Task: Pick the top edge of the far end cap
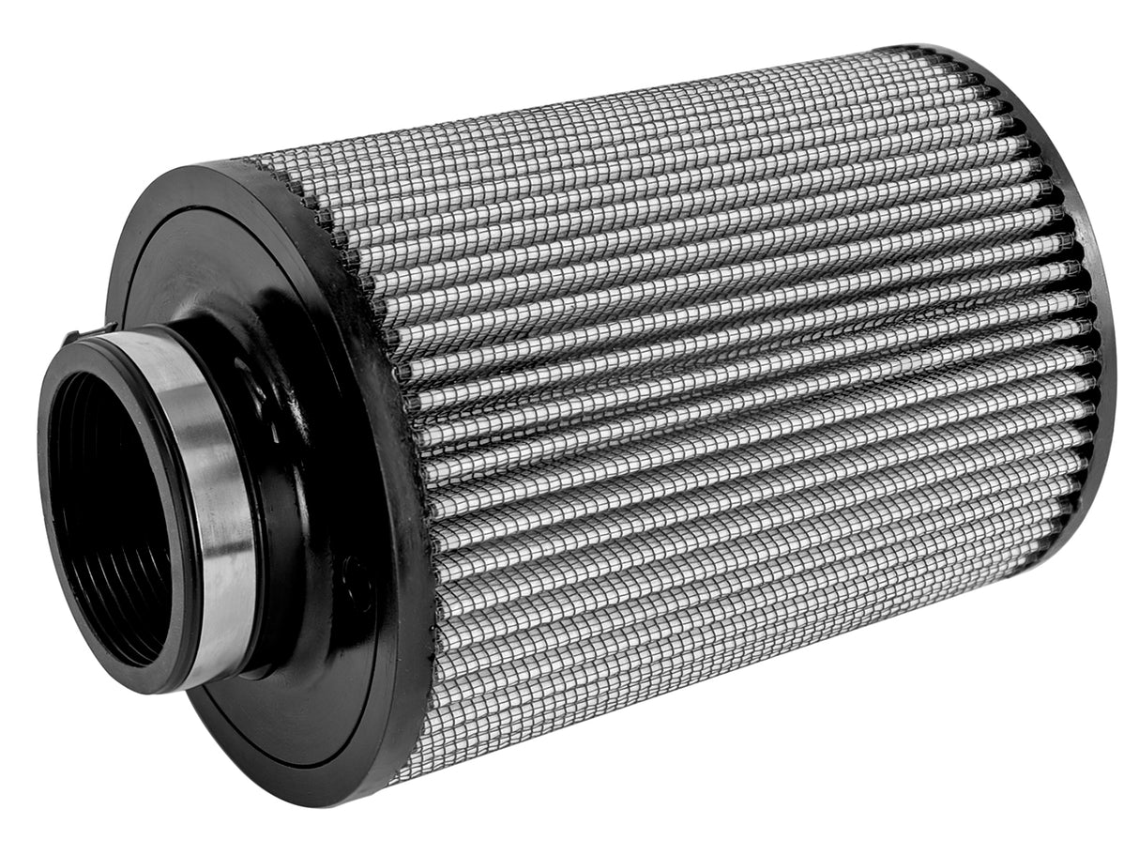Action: pos(929,49)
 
